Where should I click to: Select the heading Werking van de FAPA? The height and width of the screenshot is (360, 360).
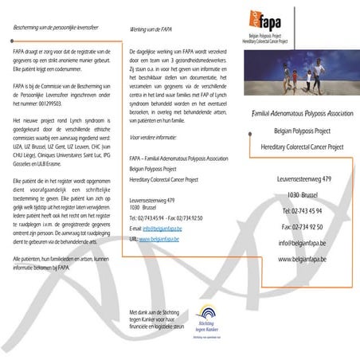pyautogui.click(x=151, y=29)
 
